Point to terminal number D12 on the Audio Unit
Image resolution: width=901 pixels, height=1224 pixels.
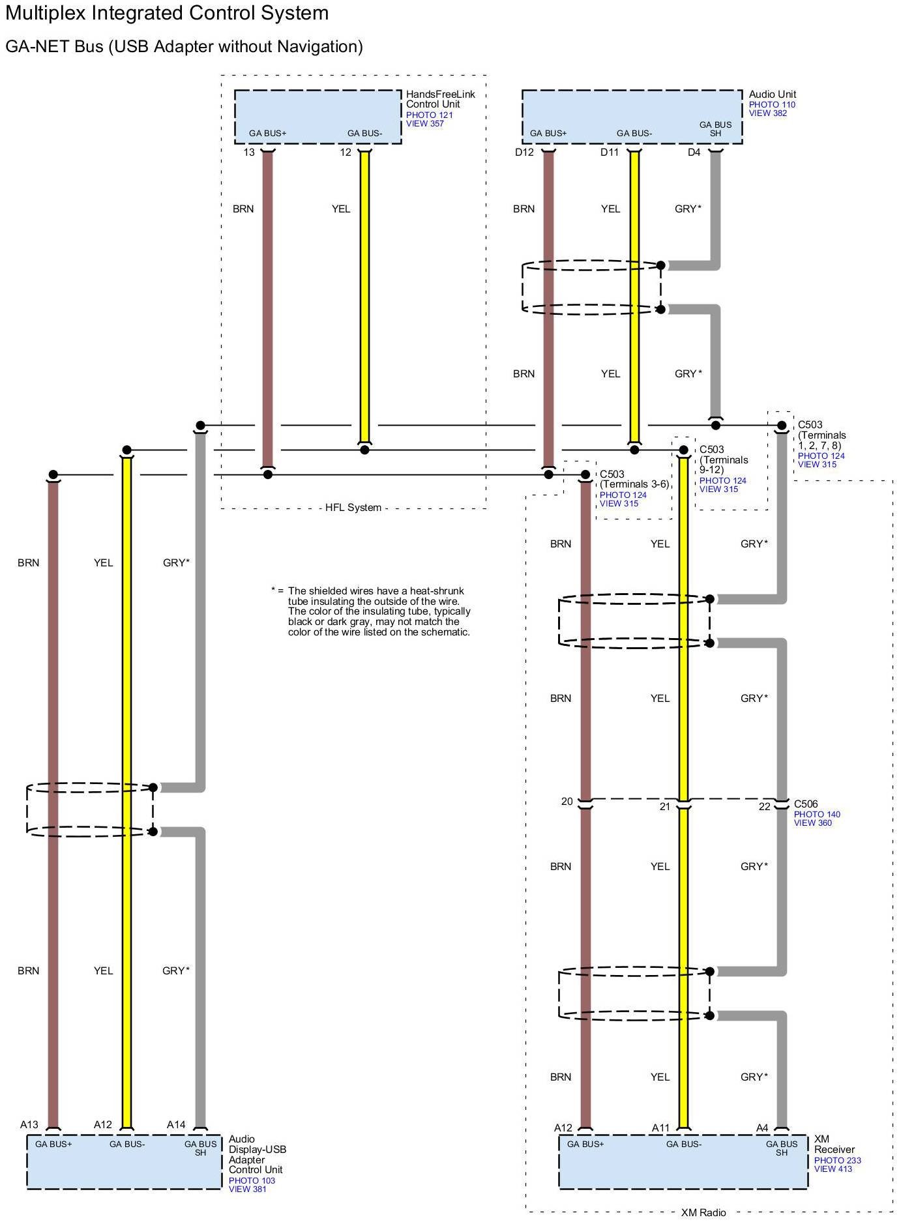(524, 153)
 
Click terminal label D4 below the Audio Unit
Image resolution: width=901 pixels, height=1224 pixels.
(694, 153)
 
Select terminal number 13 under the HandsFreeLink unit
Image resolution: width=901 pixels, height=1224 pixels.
(249, 153)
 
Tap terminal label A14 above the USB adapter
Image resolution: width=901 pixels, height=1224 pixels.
(176, 1124)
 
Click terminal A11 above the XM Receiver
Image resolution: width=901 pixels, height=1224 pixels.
(660, 1128)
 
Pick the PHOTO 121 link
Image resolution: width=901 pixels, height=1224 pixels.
(429, 115)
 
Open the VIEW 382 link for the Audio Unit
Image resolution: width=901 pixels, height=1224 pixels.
(767, 113)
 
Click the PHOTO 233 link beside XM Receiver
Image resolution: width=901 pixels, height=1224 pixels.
(837, 1160)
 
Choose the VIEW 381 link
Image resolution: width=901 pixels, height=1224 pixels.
(247, 1189)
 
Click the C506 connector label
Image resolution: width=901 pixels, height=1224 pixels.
(805, 804)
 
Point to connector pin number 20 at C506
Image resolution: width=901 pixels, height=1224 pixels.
(567, 802)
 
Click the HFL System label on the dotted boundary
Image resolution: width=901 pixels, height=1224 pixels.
(353, 508)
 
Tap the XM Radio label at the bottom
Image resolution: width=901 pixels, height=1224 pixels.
(703, 1212)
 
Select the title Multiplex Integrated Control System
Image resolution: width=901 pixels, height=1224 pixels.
(167, 13)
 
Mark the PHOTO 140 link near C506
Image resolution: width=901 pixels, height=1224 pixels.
(816, 814)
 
